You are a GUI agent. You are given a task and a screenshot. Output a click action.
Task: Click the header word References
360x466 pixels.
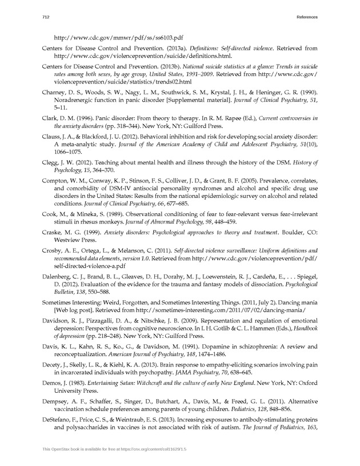click(x=306, y=18)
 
